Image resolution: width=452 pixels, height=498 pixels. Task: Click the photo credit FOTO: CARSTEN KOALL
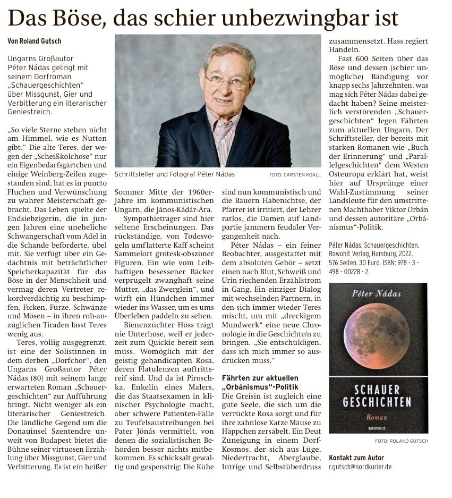(295, 174)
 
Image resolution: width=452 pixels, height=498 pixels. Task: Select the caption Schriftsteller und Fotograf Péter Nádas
(174, 174)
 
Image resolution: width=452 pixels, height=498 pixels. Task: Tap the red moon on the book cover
(378, 329)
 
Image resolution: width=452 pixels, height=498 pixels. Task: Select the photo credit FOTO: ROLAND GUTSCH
(401, 441)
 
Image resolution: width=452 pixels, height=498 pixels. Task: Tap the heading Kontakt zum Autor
(356, 458)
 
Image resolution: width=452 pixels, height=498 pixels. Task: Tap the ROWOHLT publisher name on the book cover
(378, 427)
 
